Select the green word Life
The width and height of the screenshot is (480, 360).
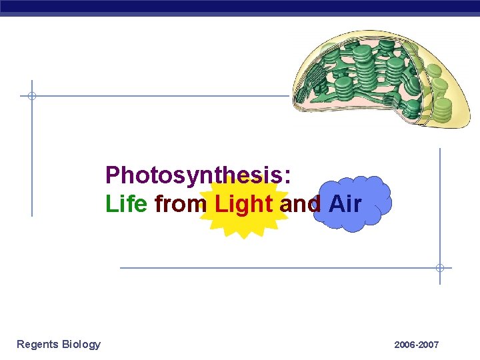coord(126,204)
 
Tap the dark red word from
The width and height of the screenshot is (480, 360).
coord(180,204)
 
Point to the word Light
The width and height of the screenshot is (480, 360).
coord(244,204)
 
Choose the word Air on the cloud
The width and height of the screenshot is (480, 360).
coord(345,204)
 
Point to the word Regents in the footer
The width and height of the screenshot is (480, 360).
coord(37,344)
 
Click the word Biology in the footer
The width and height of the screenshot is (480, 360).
coord(81,344)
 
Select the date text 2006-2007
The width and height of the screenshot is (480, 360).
coord(416,345)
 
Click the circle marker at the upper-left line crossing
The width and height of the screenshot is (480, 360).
coord(31,96)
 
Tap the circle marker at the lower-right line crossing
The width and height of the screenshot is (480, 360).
coord(439,268)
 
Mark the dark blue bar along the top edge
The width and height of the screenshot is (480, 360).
coord(240,7)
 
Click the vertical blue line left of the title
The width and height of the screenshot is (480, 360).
coord(31,160)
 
